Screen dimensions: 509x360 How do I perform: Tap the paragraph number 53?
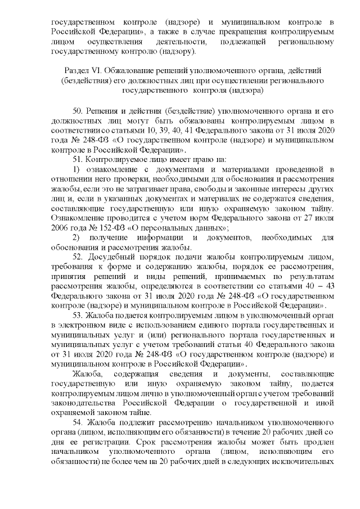79,316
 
